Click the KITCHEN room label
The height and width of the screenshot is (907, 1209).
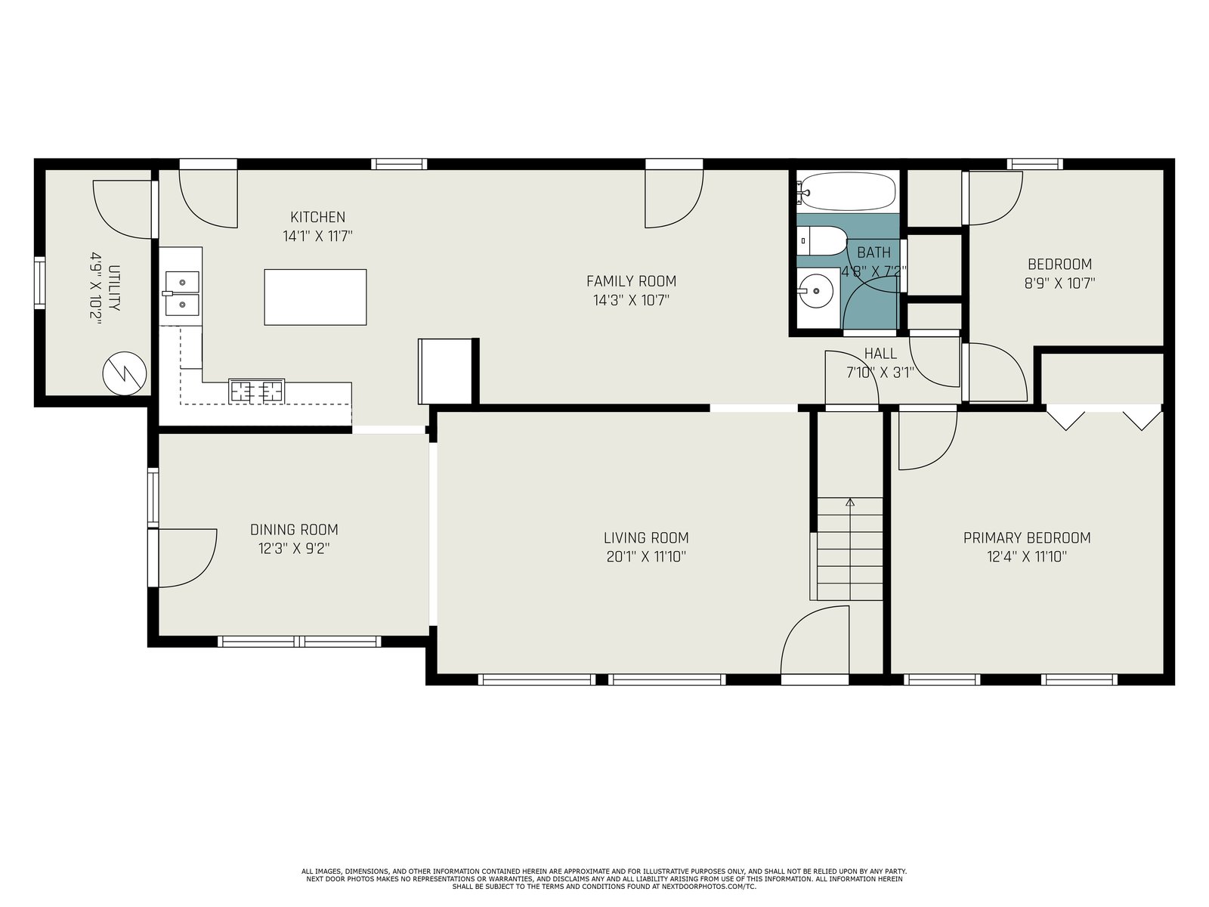(318, 217)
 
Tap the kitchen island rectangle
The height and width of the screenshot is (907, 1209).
(315, 297)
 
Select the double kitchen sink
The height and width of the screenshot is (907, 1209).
(181, 294)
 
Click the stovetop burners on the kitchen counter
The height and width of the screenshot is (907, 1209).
(257, 391)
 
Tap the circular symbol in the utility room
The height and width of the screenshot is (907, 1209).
(125, 373)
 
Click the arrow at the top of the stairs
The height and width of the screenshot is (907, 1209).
(850, 502)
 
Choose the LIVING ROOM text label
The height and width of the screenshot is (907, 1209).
(646, 537)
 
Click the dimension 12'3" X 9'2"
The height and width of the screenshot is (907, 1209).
(294, 549)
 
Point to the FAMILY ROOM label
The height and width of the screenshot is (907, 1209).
(631, 281)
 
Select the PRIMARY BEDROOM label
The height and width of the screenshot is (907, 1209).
(1027, 537)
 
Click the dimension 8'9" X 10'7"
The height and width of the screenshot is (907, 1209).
(1059, 283)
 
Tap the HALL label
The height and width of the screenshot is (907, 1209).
(880, 353)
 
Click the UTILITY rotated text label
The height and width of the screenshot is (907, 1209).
(113, 288)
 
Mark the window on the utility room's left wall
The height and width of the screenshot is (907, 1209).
(39, 283)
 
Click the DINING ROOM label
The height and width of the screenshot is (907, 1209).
(294, 529)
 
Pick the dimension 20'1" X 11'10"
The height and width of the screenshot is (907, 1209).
(646, 557)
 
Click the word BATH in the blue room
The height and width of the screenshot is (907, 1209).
(874, 252)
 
